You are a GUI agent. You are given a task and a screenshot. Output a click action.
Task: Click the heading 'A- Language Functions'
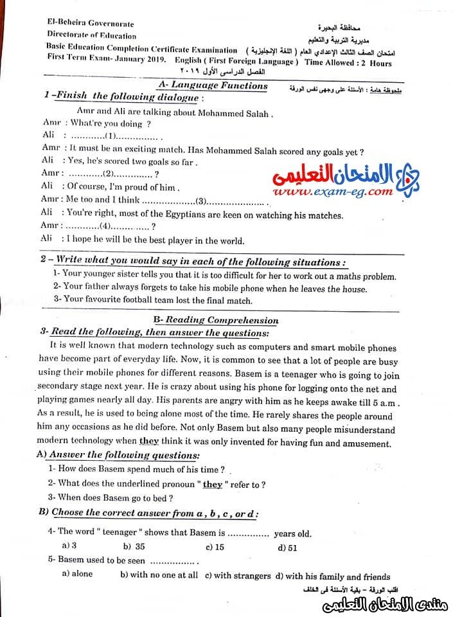213,85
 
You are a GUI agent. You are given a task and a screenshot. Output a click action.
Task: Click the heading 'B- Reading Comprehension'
216,320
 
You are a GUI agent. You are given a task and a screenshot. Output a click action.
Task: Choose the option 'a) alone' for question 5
77,574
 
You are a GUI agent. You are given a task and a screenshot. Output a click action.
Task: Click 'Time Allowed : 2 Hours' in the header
348,62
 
